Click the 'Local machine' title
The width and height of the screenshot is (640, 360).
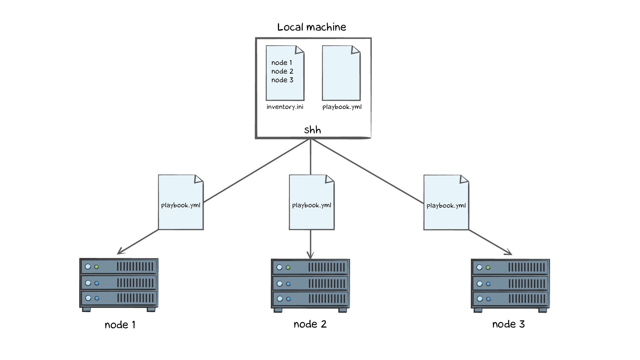pos(312,27)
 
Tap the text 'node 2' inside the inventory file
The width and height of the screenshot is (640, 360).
pos(282,71)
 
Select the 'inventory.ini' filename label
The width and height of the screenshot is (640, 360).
pos(285,107)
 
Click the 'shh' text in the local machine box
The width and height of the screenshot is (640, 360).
pos(312,130)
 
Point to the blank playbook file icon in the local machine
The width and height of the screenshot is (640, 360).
pos(341,73)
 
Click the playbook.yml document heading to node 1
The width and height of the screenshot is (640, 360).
pos(181,202)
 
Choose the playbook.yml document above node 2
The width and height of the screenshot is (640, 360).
pos(312,202)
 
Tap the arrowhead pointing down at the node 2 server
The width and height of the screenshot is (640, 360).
pos(310,256)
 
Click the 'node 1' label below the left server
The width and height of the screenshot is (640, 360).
pos(120,325)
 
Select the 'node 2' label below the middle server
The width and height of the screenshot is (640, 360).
pos(310,324)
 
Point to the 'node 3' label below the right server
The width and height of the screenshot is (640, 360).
pos(508,324)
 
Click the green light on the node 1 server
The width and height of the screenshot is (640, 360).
pos(97,267)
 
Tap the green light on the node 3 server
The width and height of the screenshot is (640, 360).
pos(488,268)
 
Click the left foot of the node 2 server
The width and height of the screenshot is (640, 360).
pos(278,310)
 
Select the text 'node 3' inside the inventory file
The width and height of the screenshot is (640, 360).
pos(282,80)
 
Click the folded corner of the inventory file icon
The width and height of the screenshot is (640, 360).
pos(299,50)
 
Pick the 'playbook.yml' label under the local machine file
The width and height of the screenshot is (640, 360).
pos(342,107)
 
